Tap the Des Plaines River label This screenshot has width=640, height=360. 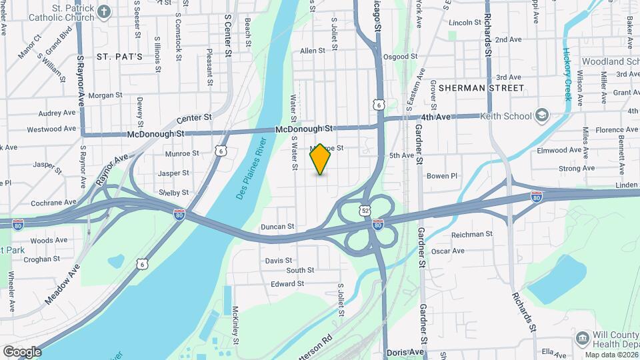(x=251, y=169)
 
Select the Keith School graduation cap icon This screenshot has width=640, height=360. (x=542, y=115)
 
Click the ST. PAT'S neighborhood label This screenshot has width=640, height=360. (x=119, y=57)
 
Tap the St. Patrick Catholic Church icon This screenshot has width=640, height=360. (x=104, y=11)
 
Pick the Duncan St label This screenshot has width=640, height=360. (x=277, y=227)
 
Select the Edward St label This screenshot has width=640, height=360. (x=287, y=283)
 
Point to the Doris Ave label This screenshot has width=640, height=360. (x=406, y=352)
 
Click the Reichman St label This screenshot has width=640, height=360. (x=471, y=234)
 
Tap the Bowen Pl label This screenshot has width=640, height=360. (x=442, y=176)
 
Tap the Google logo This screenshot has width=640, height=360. (x=21, y=351)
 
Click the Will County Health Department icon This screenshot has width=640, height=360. (x=582, y=338)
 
